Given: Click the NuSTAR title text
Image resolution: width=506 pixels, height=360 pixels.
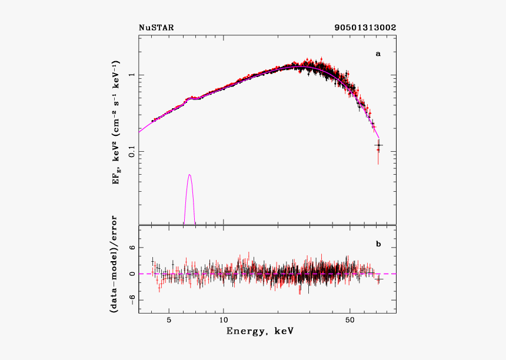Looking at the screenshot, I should point(156,28).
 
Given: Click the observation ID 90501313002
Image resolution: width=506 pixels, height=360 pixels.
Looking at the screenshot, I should point(365,28).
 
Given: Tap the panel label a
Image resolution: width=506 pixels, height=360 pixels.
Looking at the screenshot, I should point(378,54).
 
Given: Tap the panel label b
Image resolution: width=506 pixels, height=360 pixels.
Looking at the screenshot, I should point(378,242).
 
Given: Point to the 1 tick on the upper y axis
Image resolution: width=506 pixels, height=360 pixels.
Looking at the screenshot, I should point(134,75).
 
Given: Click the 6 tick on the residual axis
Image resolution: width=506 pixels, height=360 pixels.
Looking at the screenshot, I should point(133,248).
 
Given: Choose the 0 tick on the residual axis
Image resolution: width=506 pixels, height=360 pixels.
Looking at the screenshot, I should point(133,274).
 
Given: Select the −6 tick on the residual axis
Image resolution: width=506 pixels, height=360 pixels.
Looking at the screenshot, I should point(132,299).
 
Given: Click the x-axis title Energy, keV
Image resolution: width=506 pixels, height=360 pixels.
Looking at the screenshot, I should point(260,332).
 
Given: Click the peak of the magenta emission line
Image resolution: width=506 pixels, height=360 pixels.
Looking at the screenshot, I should point(189,175).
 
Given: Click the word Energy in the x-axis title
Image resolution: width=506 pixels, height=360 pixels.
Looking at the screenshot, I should point(244,332).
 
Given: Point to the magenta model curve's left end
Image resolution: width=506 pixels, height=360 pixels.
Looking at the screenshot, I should point(139,131).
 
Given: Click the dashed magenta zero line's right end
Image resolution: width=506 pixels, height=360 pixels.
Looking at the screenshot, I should point(395,274).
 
